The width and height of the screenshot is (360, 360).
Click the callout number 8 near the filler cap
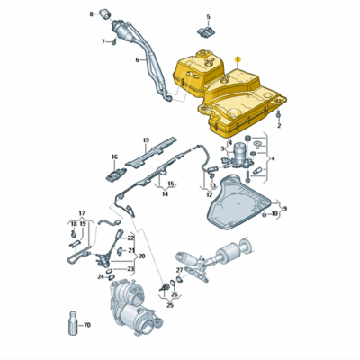click(x=91, y=14)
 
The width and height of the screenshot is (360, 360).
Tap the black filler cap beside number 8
click(x=104, y=12)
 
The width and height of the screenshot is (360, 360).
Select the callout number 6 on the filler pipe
click(x=138, y=60)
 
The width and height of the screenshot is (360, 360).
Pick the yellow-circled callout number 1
click(x=238, y=57)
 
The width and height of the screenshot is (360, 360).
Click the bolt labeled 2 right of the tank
click(x=280, y=116)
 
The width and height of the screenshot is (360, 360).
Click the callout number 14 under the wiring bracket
click(x=165, y=193)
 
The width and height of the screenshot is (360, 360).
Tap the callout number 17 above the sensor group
click(x=80, y=213)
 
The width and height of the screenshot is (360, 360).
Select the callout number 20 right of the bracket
click(x=140, y=256)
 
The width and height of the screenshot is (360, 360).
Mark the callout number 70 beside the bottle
click(x=87, y=325)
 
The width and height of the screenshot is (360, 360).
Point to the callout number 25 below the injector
click(x=168, y=304)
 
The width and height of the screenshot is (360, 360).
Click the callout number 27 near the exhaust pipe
click(x=179, y=270)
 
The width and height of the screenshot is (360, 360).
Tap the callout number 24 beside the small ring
click(x=101, y=277)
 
